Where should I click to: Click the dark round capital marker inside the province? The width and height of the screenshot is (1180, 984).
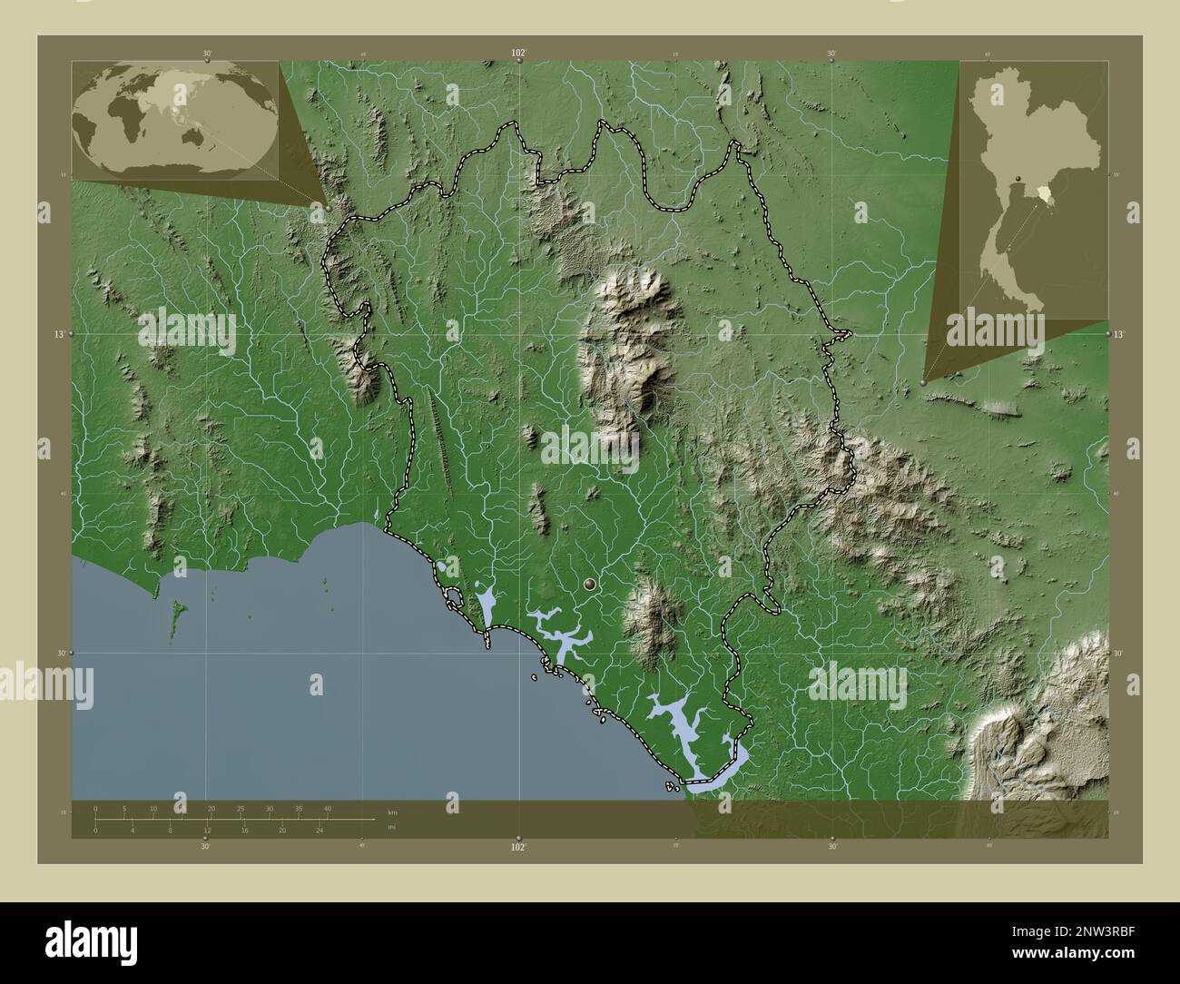593,586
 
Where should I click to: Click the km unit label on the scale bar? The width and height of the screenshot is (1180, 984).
392,812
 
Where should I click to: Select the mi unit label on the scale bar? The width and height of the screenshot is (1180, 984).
391,827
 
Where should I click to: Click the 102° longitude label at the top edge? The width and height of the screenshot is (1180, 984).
518,54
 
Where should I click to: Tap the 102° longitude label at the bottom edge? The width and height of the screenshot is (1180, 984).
518,847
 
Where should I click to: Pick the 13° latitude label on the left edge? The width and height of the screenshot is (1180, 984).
58,334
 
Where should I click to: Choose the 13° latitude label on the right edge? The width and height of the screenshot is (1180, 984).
1120,334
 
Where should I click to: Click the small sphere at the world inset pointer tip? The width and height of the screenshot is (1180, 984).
328,207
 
